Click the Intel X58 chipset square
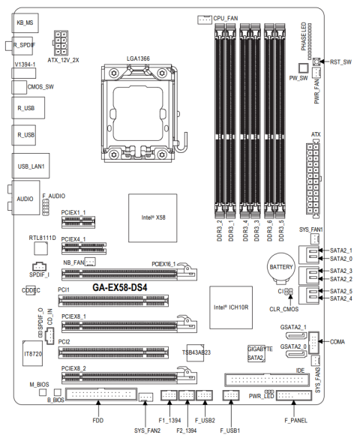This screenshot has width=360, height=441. click(x=153, y=217)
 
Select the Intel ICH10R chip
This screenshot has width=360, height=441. click(x=231, y=307)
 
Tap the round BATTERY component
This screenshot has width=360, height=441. click(x=281, y=268)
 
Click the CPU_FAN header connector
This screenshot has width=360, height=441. click(x=205, y=19)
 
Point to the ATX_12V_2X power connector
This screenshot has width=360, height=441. click(x=61, y=43)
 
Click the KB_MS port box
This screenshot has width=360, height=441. click(x=25, y=22)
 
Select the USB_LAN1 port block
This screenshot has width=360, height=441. click(x=31, y=166)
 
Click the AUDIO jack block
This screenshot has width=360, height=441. click(x=25, y=198)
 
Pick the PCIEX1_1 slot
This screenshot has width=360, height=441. click(x=79, y=222)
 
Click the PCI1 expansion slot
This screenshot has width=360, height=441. click(x=113, y=301)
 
